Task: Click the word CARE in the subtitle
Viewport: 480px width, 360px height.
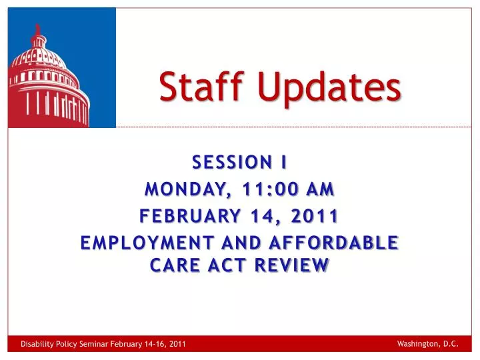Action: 173,265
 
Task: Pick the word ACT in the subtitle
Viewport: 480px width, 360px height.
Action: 226,265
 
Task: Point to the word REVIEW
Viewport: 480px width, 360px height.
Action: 291,265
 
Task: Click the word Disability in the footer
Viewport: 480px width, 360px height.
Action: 35,344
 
